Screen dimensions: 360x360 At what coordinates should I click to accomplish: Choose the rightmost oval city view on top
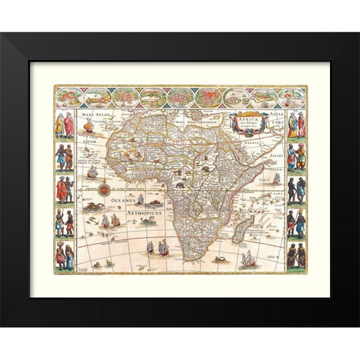(291, 98)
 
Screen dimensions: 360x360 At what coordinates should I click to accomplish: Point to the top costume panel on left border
(65, 124)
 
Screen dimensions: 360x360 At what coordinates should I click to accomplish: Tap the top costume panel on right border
(295, 124)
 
